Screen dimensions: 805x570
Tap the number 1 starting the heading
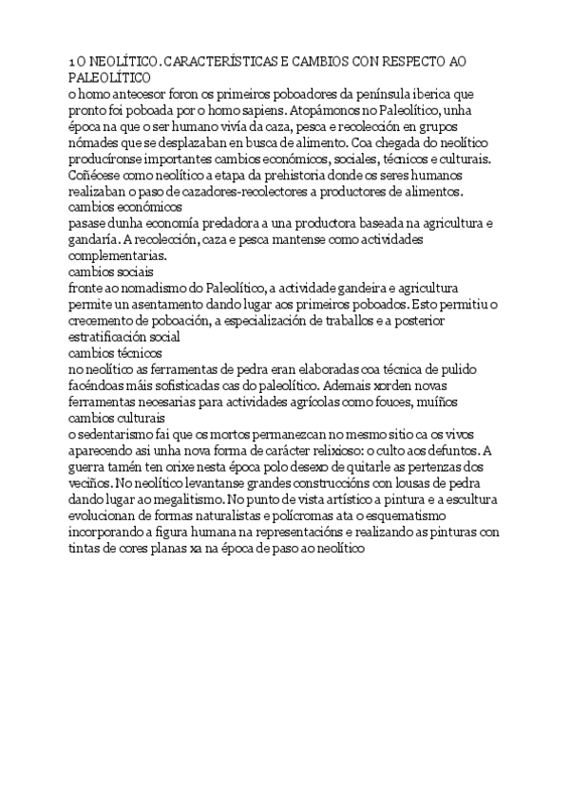72,62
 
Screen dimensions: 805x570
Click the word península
395,94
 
